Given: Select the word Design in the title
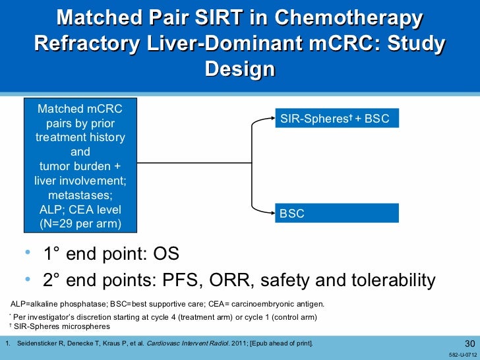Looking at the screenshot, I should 240,69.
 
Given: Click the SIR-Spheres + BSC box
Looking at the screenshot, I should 336,119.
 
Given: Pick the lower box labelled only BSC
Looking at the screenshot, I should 336,214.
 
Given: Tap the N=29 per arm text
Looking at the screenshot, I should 80,224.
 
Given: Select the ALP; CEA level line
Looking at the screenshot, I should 80,210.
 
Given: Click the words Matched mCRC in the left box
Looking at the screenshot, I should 80,109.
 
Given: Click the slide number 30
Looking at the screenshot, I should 469,343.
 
